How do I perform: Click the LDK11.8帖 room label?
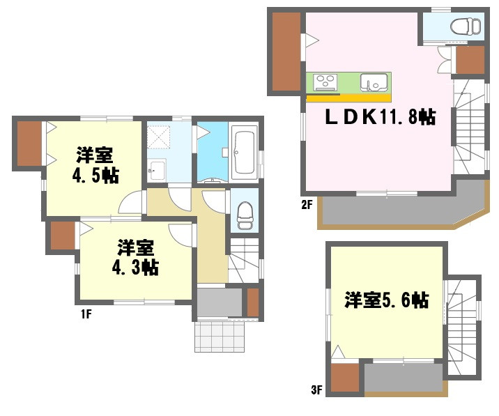pyautogui.click(x=381, y=117)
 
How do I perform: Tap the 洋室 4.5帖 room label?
pyautogui.click(x=95, y=165)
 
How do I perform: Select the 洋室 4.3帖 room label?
pyautogui.click(x=135, y=257)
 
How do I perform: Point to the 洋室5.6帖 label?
pyautogui.click(x=386, y=300)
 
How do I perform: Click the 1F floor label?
pyautogui.click(x=86, y=314)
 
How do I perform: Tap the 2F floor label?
pyautogui.click(x=307, y=205)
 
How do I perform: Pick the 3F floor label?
pyautogui.click(x=316, y=390)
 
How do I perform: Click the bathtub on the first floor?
pyautogui.click(x=245, y=153)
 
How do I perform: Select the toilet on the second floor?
pyautogui.click(x=466, y=26)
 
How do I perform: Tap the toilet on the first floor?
pyautogui.click(x=245, y=215)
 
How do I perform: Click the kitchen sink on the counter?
pyautogui.click(x=374, y=82)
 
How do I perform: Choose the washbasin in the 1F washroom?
pyautogui.click(x=158, y=170)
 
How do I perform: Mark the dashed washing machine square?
pyautogui.click(x=159, y=137)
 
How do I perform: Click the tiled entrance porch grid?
pyautogui.click(x=220, y=337)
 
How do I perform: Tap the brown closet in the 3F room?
pyautogui.click(x=345, y=378)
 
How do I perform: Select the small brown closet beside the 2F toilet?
pyautogui.click(x=470, y=60)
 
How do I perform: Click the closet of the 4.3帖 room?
pyautogui.click(x=63, y=236)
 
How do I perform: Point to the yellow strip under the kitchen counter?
pyautogui.click(x=348, y=98)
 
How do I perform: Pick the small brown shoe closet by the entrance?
pyautogui.click(x=253, y=302)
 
